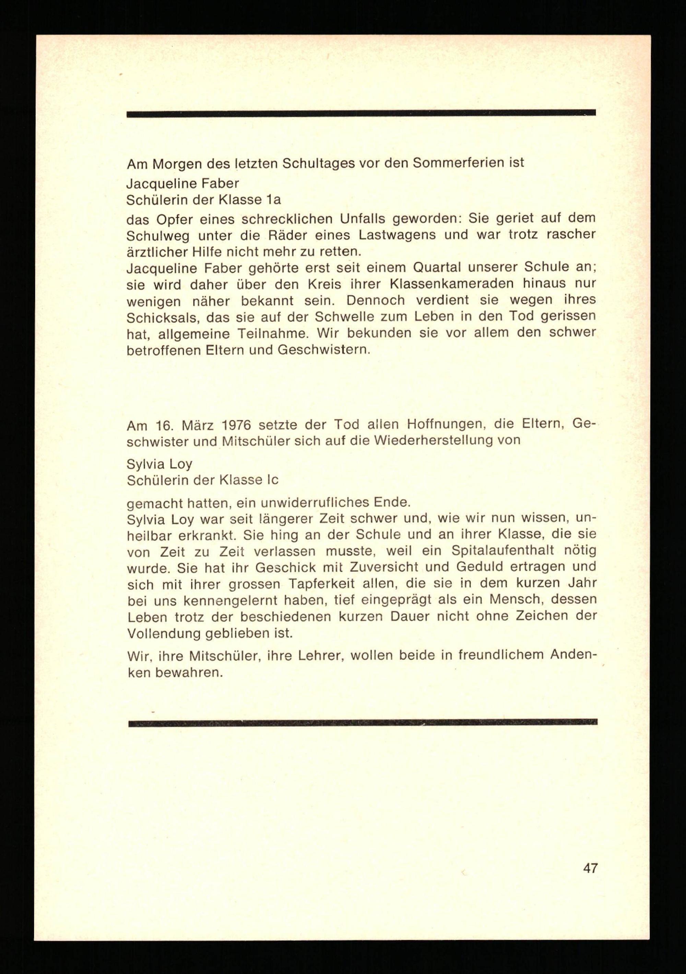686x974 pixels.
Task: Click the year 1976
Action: tap(236, 424)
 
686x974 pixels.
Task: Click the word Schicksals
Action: tap(160, 317)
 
